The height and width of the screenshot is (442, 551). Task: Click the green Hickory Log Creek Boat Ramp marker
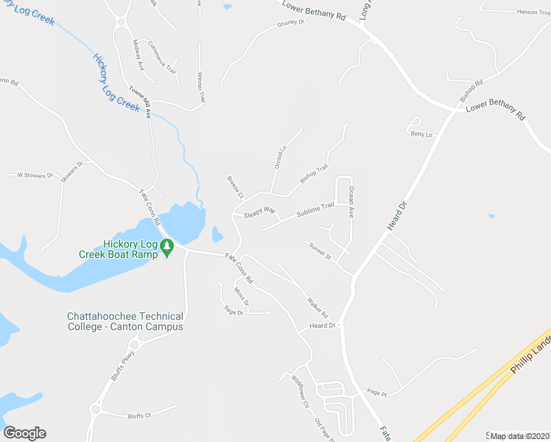167,250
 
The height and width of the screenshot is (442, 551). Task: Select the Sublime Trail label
315,210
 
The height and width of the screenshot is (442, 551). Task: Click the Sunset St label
320,250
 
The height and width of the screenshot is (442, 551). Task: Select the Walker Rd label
317,304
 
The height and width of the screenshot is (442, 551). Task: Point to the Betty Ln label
421,134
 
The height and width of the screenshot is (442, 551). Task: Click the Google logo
24,433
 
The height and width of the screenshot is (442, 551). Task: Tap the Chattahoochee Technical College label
124,321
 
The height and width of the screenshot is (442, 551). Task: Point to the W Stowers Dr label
30,175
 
